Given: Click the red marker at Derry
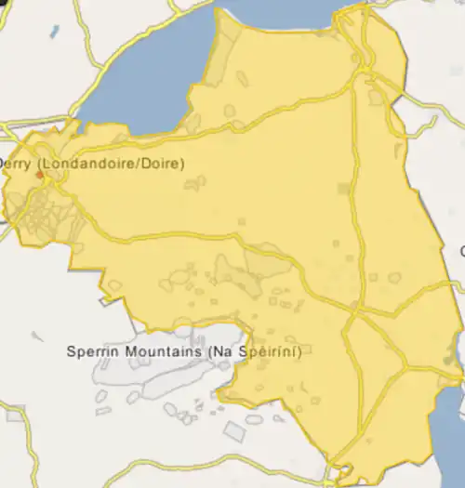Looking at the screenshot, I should (38, 173).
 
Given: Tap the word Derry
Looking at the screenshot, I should (16, 164).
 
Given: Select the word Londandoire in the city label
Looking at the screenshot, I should (82, 164).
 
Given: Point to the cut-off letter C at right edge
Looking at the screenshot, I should (462, 251).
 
